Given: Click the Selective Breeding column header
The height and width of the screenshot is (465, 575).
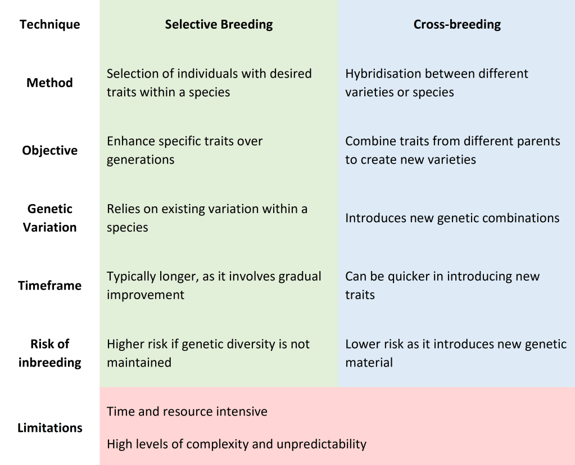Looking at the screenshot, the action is point(219,24).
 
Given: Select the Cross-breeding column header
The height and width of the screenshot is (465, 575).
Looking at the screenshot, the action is point(457,24).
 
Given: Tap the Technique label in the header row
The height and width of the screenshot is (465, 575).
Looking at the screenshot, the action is point(50,24).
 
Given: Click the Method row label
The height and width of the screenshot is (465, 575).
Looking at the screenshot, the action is point(49,83).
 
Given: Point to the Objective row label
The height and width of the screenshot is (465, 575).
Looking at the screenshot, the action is point(50,150).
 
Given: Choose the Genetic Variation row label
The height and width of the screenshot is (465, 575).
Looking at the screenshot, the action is point(50,218).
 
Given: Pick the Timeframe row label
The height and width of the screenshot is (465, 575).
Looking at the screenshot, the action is point(50,285).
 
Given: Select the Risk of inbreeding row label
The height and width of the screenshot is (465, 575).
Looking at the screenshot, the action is point(50,353).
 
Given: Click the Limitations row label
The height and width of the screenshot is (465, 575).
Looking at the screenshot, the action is point(50,427).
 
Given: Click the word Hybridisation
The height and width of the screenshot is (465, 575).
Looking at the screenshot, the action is point(382,74).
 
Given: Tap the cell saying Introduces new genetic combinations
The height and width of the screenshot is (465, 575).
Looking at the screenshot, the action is point(452,218).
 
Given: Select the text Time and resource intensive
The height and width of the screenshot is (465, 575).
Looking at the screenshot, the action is point(187,412).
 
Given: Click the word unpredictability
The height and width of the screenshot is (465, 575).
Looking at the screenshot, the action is point(322,444).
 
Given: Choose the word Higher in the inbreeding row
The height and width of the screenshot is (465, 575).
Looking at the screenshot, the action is point(125,344).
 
